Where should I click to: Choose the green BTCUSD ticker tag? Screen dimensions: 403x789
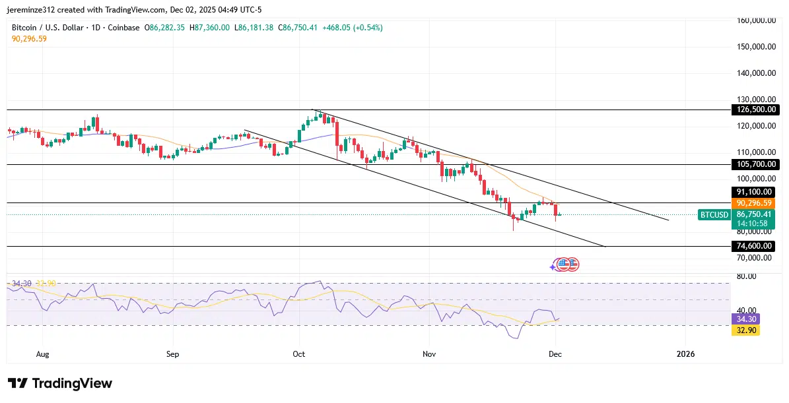pyautogui.click(x=714, y=214)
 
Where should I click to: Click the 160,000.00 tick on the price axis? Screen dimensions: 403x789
pyautogui.click(x=755, y=20)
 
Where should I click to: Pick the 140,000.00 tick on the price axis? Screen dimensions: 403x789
pyautogui.click(x=755, y=73)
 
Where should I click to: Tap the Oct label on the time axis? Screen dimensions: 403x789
pyautogui.click(x=299, y=354)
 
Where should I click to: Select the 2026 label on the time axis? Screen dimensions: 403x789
pyautogui.click(x=686, y=354)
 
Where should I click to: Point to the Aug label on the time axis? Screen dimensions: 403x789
pyautogui.click(x=43, y=354)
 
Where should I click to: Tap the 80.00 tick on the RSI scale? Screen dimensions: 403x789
pyautogui.click(x=747, y=276)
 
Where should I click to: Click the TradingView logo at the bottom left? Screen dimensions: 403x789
pyautogui.click(x=60, y=383)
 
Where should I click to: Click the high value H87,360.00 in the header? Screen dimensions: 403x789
pyautogui.click(x=209, y=28)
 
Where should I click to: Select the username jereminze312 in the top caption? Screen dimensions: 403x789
pyautogui.click(x=34, y=9)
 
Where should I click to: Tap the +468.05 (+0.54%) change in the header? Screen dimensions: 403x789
pyautogui.click(x=357, y=28)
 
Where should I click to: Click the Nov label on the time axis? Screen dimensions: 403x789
pyautogui.click(x=429, y=354)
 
